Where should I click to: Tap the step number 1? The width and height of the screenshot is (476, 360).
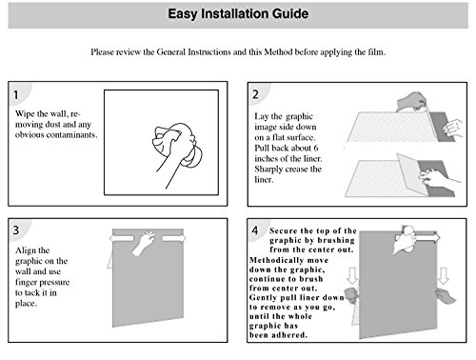pos(15,94)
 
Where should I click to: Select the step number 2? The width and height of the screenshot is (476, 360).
pos(255,94)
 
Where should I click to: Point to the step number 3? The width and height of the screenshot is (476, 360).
pos(16,230)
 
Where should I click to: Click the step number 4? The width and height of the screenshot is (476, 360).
pos(255,230)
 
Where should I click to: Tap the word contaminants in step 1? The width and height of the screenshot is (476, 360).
pos(71,135)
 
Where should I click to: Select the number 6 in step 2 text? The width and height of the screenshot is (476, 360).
pos(316,149)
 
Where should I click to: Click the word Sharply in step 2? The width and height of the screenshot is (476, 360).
pos(268,170)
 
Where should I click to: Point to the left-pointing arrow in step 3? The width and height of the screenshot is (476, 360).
pos(122,238)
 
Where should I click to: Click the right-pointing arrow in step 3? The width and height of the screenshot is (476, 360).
pos(173,238)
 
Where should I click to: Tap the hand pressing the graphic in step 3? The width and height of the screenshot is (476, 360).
pos(144,242)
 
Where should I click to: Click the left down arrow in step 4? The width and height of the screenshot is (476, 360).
pos(352,275)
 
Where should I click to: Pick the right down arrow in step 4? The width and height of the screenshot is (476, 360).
pos(444,275)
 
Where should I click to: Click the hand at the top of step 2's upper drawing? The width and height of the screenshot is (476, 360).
pos(410,102)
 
